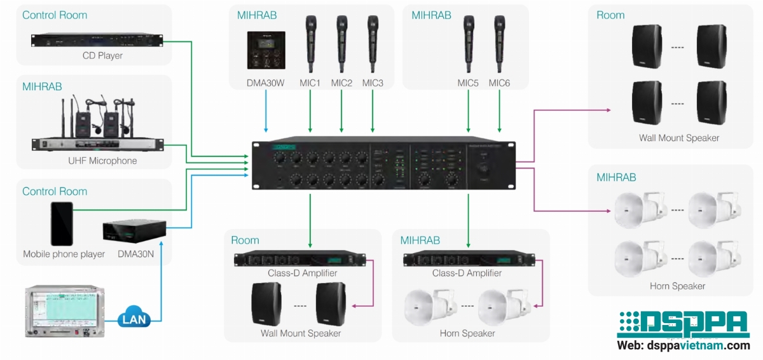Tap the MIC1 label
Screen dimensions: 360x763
[310, 83]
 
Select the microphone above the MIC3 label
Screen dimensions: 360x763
[373, 45]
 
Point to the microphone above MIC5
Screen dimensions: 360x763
[469, 45]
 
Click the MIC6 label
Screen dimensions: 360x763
[499, 83]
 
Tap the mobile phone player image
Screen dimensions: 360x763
[62, 223]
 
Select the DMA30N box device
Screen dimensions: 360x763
[134, 232]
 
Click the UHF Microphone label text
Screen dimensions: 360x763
[102, 161]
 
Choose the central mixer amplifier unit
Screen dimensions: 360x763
[383, 165]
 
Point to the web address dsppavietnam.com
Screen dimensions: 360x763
[684, 346]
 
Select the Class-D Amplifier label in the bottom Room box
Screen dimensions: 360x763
[303, 273]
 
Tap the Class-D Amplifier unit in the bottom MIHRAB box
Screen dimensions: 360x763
[469, 260]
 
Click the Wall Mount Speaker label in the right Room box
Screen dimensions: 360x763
[679, 138]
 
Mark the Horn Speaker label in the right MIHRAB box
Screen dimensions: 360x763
[677, 286]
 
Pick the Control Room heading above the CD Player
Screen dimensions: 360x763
[55, 15]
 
